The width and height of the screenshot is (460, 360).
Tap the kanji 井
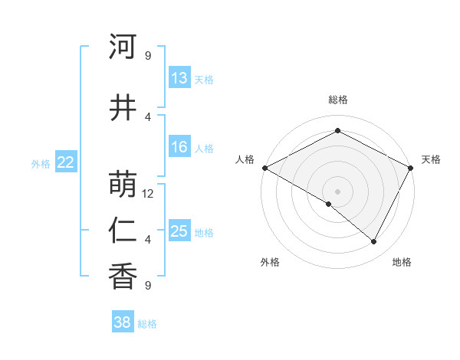tap(123, 107)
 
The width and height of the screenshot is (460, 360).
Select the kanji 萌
tap(123, 184)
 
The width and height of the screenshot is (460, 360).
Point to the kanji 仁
tap(123, 231)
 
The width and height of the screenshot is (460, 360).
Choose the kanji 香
tap(123, 276)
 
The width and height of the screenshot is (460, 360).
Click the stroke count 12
tap(148, 194)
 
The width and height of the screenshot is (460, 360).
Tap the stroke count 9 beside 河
tap(148, 56)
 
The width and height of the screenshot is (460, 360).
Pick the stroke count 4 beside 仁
tap(148, 240)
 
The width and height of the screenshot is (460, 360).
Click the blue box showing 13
tap(179, 78)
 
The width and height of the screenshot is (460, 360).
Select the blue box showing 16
tap(179, 147)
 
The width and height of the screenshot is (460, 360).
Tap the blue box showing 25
tap(179, 231)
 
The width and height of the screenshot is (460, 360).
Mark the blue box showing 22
tap(65, 162)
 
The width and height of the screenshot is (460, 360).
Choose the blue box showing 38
tap(123, 322)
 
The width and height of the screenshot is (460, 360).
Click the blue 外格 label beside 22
tap(41, 163)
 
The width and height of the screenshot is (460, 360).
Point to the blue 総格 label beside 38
tap(147, 324)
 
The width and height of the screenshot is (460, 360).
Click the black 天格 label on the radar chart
tap(431, 159)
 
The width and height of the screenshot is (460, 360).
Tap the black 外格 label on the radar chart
tap(270, 262)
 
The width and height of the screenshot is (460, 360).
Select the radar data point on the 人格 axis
tap(264, 168)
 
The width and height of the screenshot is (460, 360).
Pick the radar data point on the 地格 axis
tap(374, 242)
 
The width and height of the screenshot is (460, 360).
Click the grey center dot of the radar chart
tap(337, 191)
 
